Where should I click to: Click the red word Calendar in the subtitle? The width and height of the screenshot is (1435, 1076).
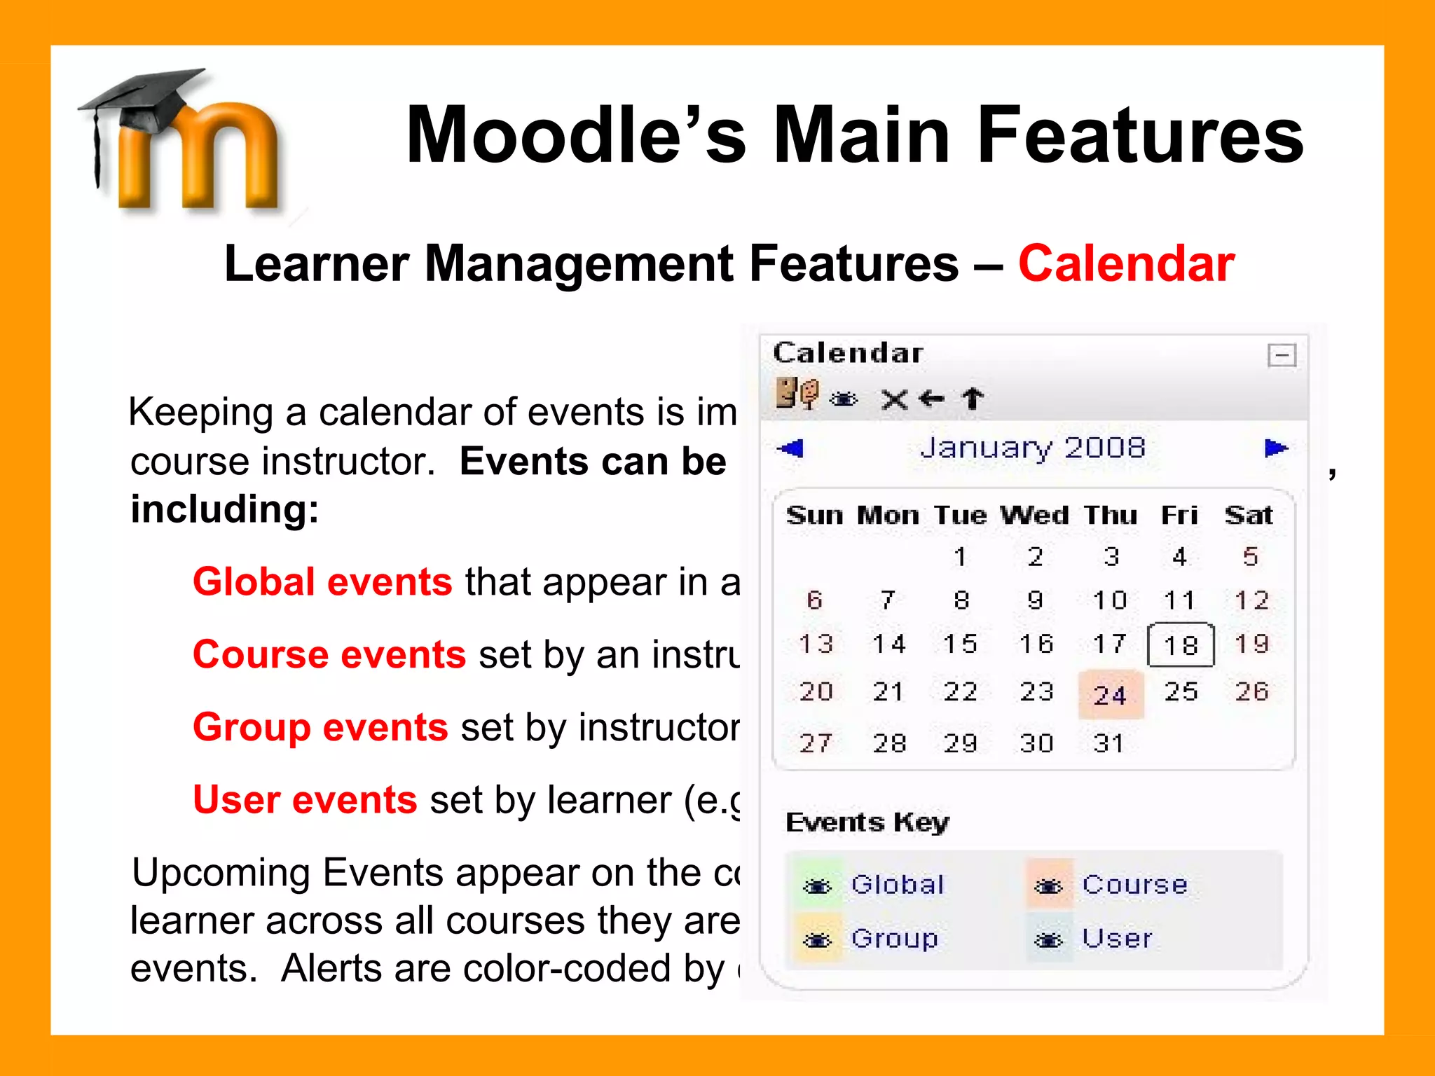(1126, 264)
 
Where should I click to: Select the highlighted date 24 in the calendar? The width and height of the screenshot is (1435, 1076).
(1111, 695)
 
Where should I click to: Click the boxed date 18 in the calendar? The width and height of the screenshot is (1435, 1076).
(1181, 644)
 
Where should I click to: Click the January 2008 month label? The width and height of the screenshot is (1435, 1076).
(1033, 448)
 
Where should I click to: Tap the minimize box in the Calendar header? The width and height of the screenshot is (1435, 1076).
(1282, 355)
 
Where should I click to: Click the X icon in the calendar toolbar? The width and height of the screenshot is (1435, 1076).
(894, 400)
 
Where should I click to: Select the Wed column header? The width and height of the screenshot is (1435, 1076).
(1034, 516)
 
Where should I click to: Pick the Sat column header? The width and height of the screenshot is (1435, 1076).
(1249, 516)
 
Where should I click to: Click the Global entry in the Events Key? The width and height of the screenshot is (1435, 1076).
(898, 885)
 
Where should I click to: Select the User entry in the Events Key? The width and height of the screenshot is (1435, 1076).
(1117, 939)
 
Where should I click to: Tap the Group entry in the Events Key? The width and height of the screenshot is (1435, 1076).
(895, 939)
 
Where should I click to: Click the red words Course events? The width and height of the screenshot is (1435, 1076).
(329, 655)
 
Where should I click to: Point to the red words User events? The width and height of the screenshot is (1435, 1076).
(305, 800)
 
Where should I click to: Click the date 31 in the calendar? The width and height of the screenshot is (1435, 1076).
(1108, 743)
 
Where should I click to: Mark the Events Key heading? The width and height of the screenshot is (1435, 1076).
(867, 822)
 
